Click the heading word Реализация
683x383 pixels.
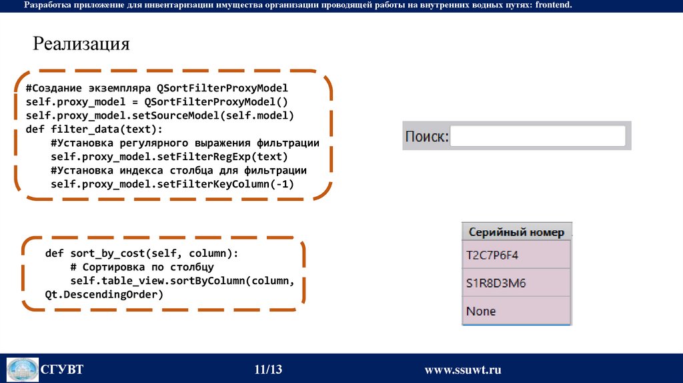[81, 44]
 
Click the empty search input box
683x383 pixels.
[538, 136]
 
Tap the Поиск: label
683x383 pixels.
[427, 137]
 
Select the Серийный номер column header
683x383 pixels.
[516, 232]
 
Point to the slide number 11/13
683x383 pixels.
[268, 370]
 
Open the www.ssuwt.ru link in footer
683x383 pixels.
[462, 370]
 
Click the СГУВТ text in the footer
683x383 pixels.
[62, 370]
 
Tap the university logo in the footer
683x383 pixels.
[23, 370]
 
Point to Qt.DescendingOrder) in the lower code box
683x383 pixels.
[104, 294]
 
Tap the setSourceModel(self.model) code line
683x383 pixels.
[159, 115]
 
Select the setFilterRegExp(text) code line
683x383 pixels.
[169, 156]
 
